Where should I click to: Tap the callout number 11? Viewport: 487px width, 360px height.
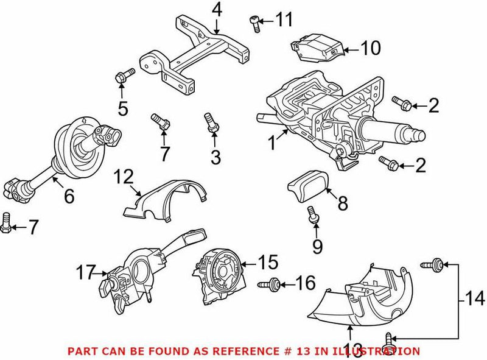[283, 21]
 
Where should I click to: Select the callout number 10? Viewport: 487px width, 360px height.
[370, 48]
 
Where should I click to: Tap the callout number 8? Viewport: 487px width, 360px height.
[342, 203]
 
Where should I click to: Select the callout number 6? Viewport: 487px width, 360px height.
[69, 196]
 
